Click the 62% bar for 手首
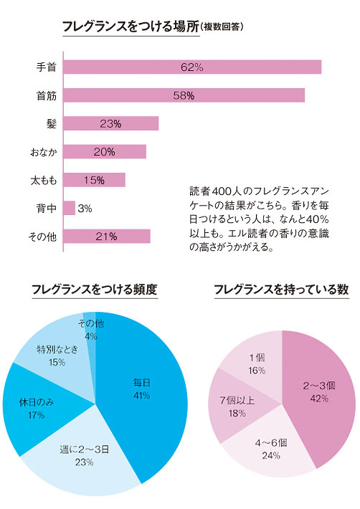click(x=192, y=67)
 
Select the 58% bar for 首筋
click(x=184, y=95)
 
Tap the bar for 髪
click(x=111, y=123)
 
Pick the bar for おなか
click(x=105, y=151)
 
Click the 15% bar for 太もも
click(x=95, y=180)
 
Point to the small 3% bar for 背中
click(x=70, y=208)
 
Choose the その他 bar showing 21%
click(x=107, y=236)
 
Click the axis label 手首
click(x=47, y=67)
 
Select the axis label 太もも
click(x=43, y=180)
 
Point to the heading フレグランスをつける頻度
click(x=94, y=290)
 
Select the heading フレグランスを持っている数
click(x=281, y=290)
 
